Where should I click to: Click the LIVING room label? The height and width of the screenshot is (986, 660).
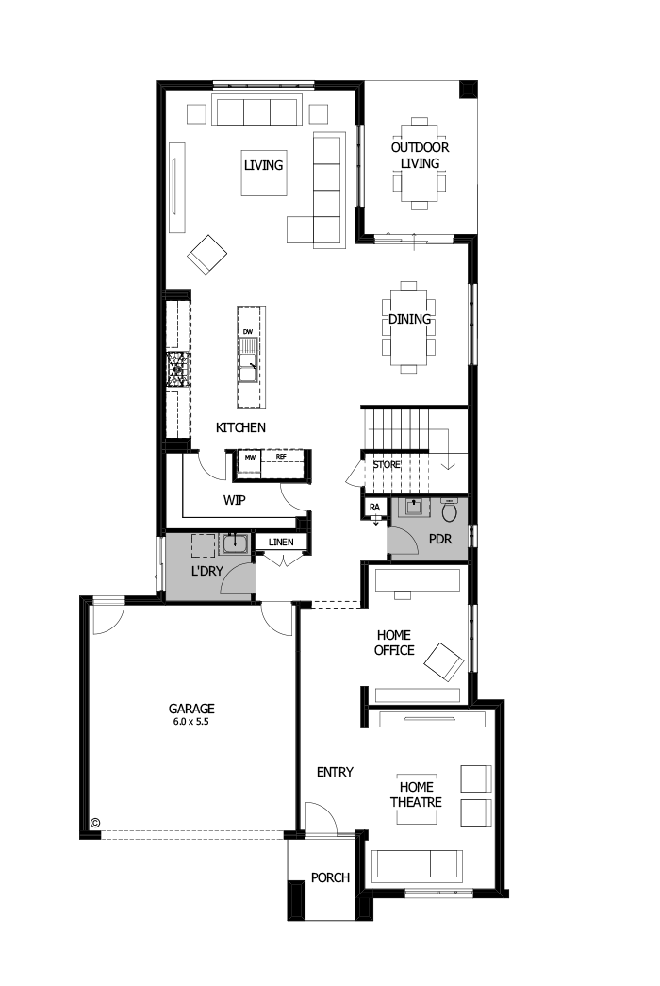[x=263, y=165]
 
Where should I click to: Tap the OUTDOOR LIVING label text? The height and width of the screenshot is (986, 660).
[x=420, y=156]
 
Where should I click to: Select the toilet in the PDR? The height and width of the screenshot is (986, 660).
[x=450, y=511]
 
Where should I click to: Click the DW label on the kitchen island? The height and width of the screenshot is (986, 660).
[x=248, y=332]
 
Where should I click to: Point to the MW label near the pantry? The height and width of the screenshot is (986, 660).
[x=250, y=458]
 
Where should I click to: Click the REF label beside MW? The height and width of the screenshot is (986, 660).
[x=280, y=458]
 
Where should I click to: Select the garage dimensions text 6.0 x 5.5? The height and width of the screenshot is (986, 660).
[x=191, y=721]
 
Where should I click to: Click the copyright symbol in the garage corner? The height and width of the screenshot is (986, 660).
[x=94, y=823]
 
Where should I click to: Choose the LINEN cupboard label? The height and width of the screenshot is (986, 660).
[x=281, y=543]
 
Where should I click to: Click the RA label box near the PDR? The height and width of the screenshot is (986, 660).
[x=374, y=507]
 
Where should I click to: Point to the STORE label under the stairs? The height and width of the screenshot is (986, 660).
[x=386, y=465]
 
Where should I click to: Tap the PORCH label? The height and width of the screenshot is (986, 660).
[x=329, y=877]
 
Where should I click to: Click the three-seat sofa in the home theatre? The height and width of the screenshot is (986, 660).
[x=417, y=864]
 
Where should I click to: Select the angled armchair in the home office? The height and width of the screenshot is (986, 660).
[x=442, y=660]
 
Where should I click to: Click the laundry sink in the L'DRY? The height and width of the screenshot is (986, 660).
[x=233, y=544]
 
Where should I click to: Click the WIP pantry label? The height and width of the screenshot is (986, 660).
[x=235, y=500]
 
